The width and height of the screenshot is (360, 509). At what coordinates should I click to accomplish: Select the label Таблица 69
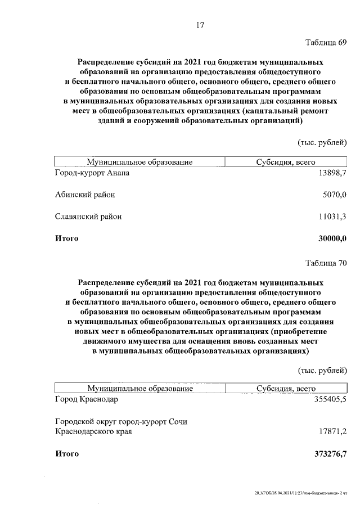point(326,43)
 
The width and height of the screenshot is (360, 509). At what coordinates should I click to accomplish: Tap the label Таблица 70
point(326,263)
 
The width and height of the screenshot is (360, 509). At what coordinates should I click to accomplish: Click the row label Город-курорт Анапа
point(92,173)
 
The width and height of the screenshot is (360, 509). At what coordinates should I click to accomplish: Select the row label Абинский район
point(85,195)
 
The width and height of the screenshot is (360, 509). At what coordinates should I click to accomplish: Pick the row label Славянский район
point(88,217)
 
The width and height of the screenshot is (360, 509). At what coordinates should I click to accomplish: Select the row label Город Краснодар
point(87,399)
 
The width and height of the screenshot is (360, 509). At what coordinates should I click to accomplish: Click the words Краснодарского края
point(93,431)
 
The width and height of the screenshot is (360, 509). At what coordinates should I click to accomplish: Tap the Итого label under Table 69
point(66,238)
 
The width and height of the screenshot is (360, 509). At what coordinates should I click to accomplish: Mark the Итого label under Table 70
point(66,453)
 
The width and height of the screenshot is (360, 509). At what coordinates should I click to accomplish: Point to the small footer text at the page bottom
point(300,493)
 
